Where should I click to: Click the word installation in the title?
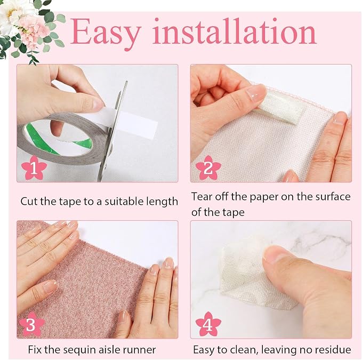(x=234, y=31)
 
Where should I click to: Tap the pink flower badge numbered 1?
(x=34, y=168)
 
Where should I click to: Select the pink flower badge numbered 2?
(x=208, y=168)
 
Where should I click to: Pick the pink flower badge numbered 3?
(x=31, y=324)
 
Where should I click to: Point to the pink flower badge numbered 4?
(x=208, y=324)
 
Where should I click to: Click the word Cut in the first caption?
(x=29, y=201)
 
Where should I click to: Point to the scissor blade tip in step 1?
(x=126, y=81)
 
